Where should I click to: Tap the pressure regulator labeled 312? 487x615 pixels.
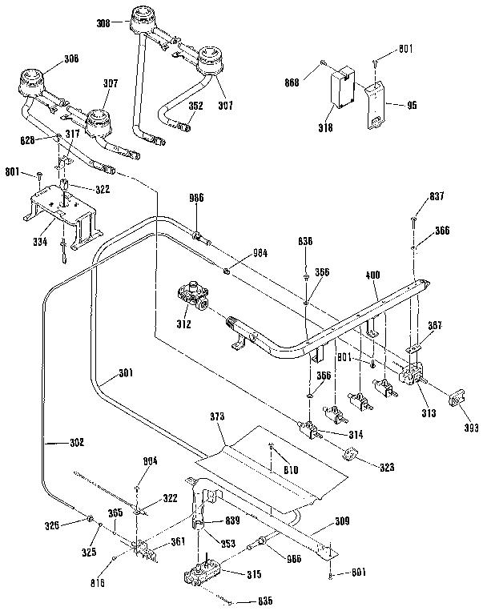(195, 295)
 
